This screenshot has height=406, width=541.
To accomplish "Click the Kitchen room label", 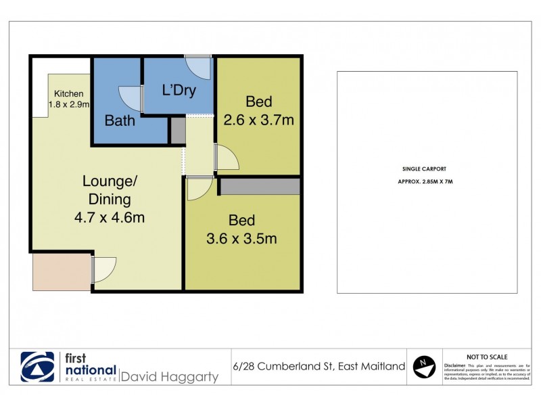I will pyautogui.click(x=68, y=94).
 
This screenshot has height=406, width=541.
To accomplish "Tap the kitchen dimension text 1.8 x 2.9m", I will pyautogui.click(x=69, y=104).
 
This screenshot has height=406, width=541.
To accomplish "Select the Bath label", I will pyautogui.click(x=120, y=121).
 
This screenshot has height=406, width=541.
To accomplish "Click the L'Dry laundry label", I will pyautogui.click(x=179, y=90).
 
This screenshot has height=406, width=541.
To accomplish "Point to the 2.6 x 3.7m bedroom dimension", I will pyautogui.click(x=258, y=120).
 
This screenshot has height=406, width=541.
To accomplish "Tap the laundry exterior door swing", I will pyautogui.click(x=199, y=67).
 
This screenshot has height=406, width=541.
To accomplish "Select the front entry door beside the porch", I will pyautogui.click(x=104, y=269).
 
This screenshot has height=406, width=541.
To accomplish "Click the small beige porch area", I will pyautogui.click(x=62, y=272).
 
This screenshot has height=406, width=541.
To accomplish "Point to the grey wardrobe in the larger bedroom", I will pyautogui.click(x=260, y=187).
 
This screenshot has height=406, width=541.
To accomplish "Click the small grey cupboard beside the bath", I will pyautogui.click(x=177, y=130).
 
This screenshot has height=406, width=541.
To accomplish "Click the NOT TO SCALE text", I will pyautogui.click(x=488, y=357).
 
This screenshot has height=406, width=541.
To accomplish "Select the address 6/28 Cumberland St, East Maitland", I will pyautogui.click(x=318, y=367).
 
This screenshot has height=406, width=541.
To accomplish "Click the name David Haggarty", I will pyautogui.click(x=170, y=376).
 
